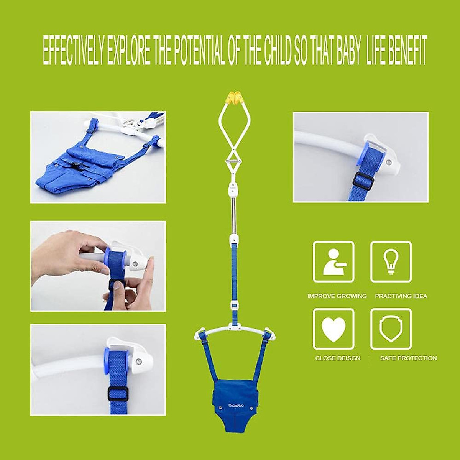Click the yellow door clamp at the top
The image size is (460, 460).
click(233, 99)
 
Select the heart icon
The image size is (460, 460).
click(333, 329)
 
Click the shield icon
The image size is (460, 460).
click(391, 329)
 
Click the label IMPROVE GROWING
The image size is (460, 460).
click(337, 296)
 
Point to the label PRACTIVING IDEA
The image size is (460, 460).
click(401, 296)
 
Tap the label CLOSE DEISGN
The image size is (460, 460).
click(338, 358)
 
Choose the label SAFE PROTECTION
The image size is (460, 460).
click(408, 358)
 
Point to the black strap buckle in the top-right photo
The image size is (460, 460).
click(363, 181)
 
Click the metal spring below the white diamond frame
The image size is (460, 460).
click(233, 163)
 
